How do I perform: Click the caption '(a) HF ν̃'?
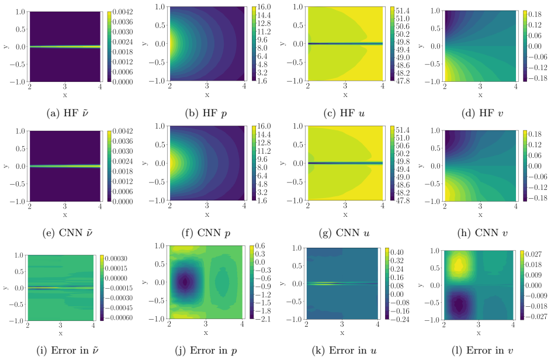(x=67, y=113)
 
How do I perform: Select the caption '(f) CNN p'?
(x=206, y=233)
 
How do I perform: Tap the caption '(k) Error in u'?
(x=344, y=351)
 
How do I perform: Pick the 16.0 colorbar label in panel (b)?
(x=264, y=6)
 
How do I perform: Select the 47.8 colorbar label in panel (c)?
(x=403, y=81)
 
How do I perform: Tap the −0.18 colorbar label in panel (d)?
(x=536, y=78)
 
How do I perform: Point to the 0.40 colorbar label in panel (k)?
(x=397, y=252)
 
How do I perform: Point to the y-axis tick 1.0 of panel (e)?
(x=20, y=131)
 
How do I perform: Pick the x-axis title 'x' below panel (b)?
(x=207, y=95)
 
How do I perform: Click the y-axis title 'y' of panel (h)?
(x=422, y=165)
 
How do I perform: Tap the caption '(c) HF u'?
(x=344, y=113)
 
